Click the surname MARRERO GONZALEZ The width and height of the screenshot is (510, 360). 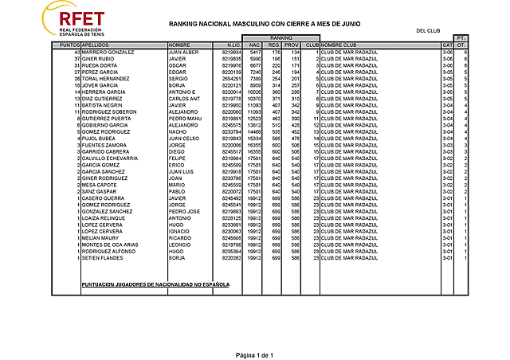(x=108, y=53)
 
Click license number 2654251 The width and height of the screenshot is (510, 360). (x=231, y=79)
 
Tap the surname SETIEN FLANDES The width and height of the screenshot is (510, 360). (x=102, y=257)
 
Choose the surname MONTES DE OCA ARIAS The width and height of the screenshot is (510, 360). (x=110, y=245)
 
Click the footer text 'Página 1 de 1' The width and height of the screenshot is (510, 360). (x=254, y=354)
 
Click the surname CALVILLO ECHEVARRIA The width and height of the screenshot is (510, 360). (x=112, y=158)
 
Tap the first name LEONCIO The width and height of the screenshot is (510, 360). (x=180, y=245)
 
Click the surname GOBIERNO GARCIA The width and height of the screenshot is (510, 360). (x=105, y=125)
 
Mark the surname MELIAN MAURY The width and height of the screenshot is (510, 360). (x=100, y=237)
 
